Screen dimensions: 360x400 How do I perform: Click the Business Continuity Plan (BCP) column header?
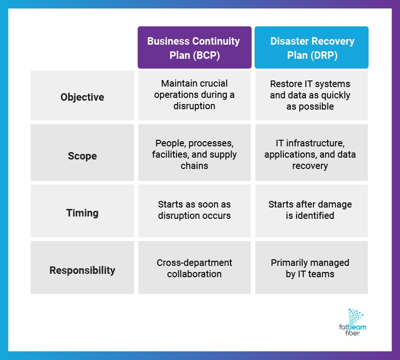[194, 48]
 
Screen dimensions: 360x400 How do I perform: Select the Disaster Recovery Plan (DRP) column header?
[312, 48]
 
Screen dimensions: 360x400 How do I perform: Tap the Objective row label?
[82, 97]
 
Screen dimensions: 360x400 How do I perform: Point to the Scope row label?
[82, 155]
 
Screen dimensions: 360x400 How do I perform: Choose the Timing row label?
[82, 213]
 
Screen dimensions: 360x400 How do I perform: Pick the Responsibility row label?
[82, 270]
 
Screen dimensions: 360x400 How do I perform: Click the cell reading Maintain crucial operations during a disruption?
[194, 95]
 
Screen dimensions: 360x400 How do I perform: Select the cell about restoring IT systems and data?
[311, 95]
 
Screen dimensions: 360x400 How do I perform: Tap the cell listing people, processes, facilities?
[194, 154]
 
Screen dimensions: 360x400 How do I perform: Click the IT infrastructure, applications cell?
[311, 154]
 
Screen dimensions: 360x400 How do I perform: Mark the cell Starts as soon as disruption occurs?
[194, 210]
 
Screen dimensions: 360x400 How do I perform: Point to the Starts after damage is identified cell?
[311, 210]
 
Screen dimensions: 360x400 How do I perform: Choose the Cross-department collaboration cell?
[194, 268]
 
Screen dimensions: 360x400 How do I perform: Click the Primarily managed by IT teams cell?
[311, 268]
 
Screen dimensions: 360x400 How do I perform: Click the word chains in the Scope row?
[194, 165]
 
